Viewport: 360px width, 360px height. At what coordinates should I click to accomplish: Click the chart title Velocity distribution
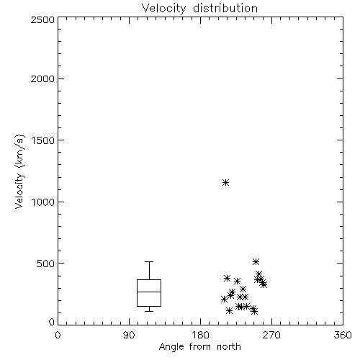[x=199, y=9]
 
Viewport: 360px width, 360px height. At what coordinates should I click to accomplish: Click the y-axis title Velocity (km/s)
[x=19, y=171]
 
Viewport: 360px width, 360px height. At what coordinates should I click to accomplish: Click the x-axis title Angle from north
[x=199, y=347]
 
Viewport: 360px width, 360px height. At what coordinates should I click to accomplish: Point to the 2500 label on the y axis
[x=42, y=19]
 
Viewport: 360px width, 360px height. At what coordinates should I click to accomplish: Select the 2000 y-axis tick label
[x=42, y=78]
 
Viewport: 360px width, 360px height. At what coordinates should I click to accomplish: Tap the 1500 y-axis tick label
[x=43, y=140]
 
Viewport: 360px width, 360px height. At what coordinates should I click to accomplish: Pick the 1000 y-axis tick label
[x=43, y=202]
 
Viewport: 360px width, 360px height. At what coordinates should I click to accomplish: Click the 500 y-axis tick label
[x=45, y=264]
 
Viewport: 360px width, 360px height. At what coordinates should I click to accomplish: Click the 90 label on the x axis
[x=129, y=335]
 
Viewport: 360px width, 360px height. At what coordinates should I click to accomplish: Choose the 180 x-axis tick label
[x=200, y=335]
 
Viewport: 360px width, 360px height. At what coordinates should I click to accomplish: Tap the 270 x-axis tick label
[x=271, y=335]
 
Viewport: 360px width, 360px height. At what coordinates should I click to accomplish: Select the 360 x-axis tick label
[x=343, y=335]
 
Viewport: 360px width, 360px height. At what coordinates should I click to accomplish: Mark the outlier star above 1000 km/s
[x=225, y=183]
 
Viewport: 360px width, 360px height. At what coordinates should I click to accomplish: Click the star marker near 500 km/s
[x=256, y=261]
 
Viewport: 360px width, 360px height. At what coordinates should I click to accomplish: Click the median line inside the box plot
[x=149, y=292]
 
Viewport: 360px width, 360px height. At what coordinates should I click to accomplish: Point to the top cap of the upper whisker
[x=149, y=261]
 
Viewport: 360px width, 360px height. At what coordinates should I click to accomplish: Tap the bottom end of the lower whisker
[x=149, y=311]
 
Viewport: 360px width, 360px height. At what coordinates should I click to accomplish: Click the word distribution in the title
[x=225, y=9]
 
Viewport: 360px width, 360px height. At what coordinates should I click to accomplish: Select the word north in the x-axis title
[x=229, y=347]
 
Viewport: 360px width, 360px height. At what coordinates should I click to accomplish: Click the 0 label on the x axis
[x=58, y=335]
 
